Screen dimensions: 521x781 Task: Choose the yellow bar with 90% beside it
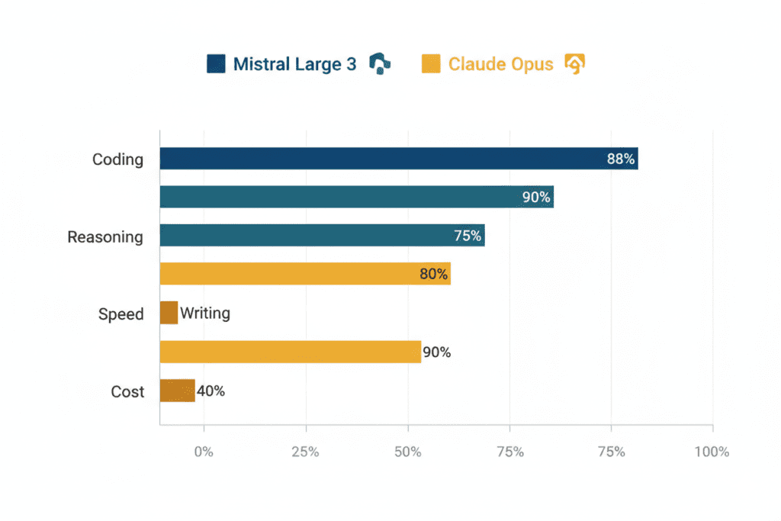point(290,352)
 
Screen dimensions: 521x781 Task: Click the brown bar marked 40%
point(177,391)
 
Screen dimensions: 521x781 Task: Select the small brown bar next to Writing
point(169,313)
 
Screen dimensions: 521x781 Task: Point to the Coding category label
point(117,159)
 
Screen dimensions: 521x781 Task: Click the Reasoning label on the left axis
point(105,236)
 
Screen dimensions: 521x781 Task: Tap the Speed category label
point(121,314)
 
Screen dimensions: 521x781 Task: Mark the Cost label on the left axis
point(127,391)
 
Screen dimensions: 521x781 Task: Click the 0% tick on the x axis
point(204,452)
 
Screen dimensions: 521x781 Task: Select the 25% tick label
point(306,452)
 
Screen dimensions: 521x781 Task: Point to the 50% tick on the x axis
point(408,452)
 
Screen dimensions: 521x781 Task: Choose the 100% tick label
point(712,452)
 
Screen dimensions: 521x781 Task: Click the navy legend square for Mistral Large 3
point(216,64)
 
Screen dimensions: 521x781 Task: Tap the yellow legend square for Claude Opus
point(431,64)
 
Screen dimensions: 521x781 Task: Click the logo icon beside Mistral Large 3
point(379,64)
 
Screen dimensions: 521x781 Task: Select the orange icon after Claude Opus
point(574,64)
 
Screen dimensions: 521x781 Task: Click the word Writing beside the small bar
point(205,313)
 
